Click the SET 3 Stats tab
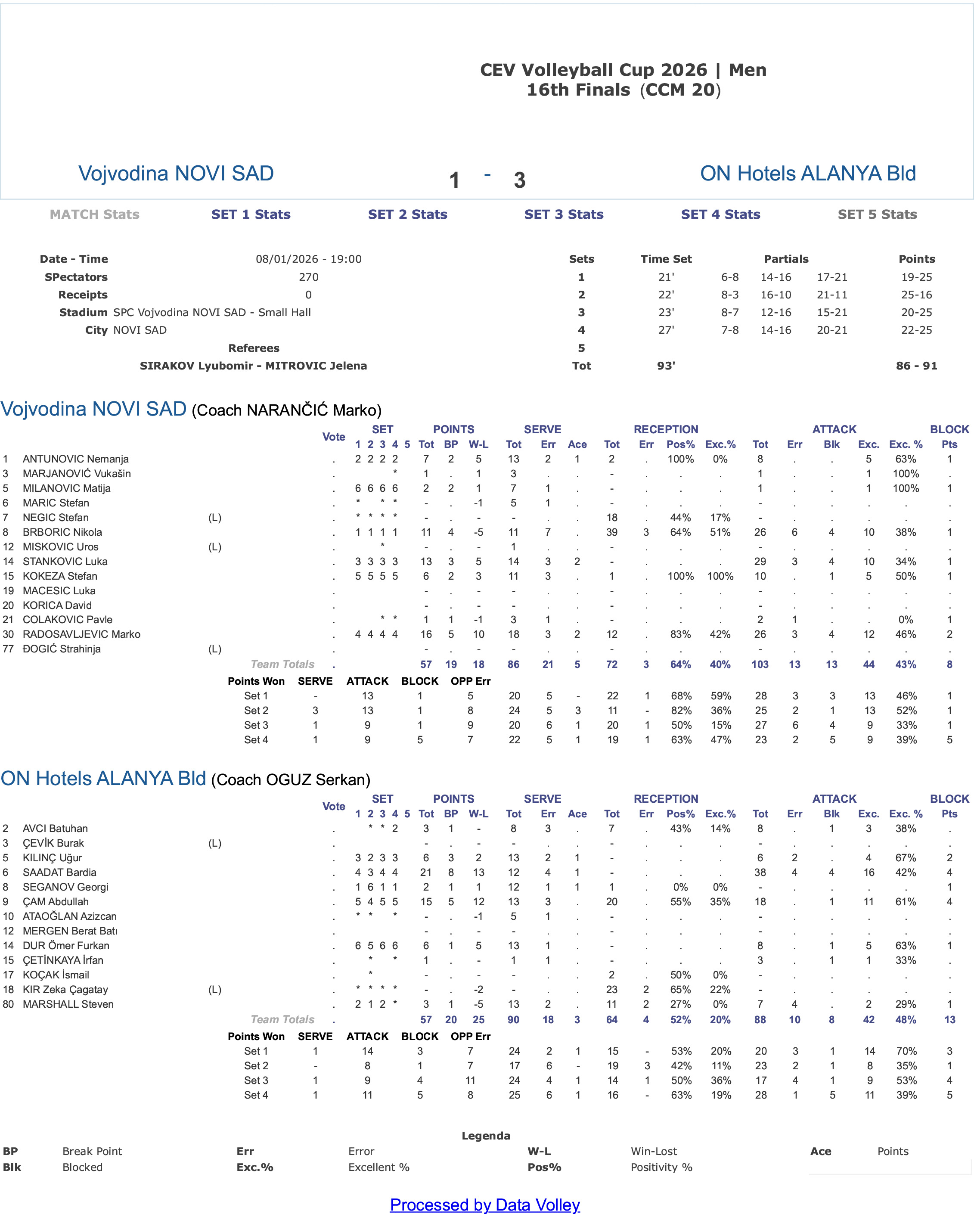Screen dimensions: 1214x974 coord(564,214)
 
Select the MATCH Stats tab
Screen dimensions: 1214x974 coord(95,214)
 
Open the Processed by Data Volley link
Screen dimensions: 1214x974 coord(485,1204)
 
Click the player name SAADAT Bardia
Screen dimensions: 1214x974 coord(59,872)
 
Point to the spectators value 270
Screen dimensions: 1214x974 coord(309,277)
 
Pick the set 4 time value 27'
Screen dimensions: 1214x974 coord(666,330)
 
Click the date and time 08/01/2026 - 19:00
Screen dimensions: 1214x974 coord(309,259)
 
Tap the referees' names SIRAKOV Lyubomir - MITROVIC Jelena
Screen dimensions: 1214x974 coord(253,366)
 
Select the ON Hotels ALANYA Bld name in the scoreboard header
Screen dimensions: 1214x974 coord(808,174)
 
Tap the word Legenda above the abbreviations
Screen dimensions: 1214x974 coord(486,1136)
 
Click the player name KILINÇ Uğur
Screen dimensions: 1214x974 coord(52,857)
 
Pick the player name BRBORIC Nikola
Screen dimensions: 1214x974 coord(62,532)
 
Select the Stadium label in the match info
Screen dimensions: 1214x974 coord(84,313)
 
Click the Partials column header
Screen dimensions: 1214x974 coord(786,259)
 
